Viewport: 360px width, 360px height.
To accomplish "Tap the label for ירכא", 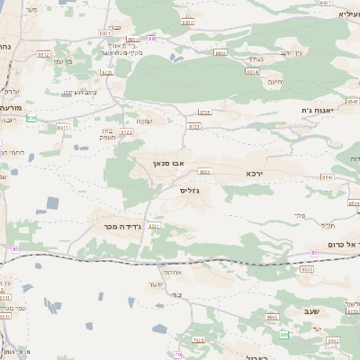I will [257, 171].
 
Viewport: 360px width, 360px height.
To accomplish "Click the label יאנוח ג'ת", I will [319, 110].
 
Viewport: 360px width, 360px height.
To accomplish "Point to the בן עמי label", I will [63, 61].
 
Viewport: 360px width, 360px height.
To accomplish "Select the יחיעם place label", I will [274, 82].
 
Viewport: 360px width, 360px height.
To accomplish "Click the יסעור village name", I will [156, 284].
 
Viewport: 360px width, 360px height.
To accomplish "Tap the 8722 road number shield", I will [126, 131].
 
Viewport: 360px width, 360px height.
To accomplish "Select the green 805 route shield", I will [283, 335].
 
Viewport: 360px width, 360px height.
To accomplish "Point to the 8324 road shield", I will [252, 70].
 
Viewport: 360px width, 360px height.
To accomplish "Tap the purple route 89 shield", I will [151, 39].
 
